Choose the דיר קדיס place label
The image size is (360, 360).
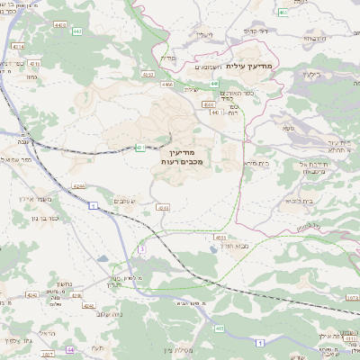(257, 31)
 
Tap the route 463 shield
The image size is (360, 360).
(283, 13)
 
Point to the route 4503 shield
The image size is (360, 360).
(146, 75)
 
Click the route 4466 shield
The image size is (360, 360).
(166, 84)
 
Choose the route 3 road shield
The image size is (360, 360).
(142, 248)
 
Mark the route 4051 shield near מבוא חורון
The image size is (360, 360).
(220, 237)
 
